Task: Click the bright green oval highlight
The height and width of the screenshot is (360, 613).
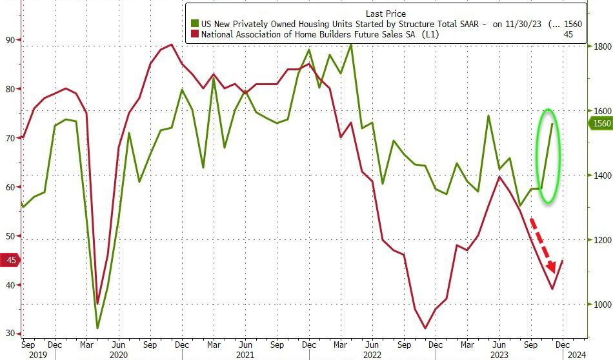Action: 548,155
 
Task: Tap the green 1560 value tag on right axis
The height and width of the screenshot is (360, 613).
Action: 601,124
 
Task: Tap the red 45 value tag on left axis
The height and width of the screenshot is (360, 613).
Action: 11,260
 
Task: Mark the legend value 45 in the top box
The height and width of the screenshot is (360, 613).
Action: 569,34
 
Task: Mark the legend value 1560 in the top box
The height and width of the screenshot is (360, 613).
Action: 572,24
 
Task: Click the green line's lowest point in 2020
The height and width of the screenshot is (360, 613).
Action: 97,328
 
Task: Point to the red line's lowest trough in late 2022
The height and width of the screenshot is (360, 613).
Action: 425,328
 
